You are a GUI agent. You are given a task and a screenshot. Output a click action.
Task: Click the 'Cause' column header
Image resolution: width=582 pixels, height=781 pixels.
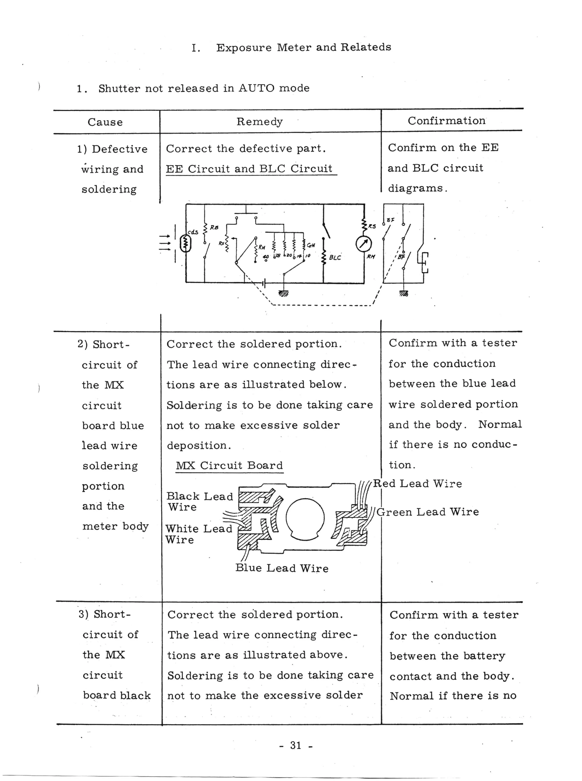click(x=105, y=122)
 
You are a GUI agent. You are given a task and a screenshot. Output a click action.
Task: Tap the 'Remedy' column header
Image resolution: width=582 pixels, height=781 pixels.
click(x=259, y=122)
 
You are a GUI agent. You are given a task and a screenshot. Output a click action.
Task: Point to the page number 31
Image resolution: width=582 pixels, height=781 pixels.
click(x=296, y=745)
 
